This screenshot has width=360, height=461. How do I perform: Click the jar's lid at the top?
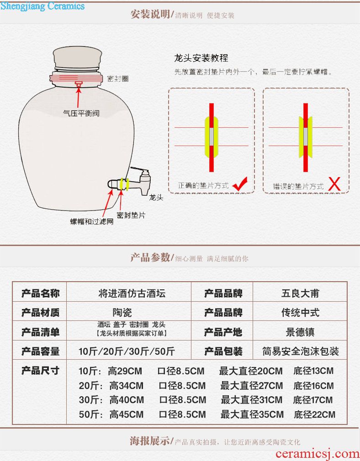pos(78,59)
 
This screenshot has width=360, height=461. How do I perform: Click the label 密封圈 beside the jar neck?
pos(118,79)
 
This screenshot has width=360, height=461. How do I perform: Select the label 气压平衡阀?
pos(81,113)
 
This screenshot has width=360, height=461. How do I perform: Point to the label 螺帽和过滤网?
pos(92,221)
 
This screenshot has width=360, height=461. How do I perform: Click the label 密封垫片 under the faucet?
pos(131,215)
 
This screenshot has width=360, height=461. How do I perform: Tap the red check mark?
pos(240,184)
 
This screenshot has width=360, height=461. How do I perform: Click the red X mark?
pos(334,184)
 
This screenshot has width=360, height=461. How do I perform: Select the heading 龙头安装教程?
pos(201,58)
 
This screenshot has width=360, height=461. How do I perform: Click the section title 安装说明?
pos(150,14)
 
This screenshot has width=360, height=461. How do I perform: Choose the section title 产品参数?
pos(150,257)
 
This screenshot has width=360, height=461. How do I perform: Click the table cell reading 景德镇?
pos(300,332)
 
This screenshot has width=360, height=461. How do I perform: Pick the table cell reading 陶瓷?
pos(122,312)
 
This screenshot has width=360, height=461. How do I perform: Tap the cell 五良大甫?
pos(300,293)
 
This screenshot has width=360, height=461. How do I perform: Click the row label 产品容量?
pos(40,351)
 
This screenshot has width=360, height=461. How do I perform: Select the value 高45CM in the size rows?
pos(126,414)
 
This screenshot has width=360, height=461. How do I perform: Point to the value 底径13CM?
pos(313,371)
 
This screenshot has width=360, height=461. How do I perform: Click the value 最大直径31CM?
pos(251,400)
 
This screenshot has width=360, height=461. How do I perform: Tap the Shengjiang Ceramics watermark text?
pos(42,6)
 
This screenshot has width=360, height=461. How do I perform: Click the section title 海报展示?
pos(149,441)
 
